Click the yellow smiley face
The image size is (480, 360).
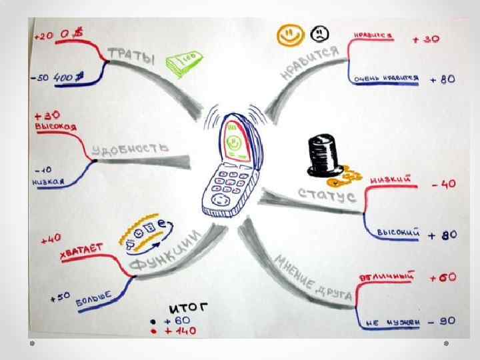click(x=289, y=35)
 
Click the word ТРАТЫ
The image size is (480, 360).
click(x=129, y=53)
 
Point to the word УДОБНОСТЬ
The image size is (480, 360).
click(x=130, y=148)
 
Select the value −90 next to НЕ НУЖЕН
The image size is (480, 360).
click(x=442, y=321)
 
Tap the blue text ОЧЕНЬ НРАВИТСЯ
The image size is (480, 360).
click(x=387, y=78)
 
